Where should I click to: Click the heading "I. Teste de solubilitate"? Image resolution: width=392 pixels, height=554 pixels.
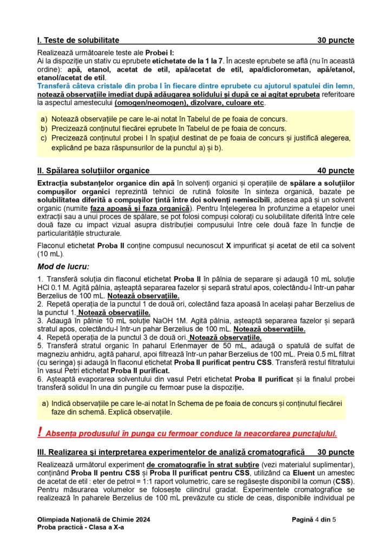click(x=79, y=40)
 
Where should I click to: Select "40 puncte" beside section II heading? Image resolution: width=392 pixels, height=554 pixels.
click(x=336, y=171)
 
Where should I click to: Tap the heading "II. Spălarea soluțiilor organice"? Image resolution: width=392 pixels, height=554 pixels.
click(x=93, y=171)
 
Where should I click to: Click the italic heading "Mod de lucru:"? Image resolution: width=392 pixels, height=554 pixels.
click(x=63, y=267)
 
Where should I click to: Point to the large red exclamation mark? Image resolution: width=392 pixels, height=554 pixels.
click(x=41, y=432)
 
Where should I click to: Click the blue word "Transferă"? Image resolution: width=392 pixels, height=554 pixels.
click(x=55, y=87)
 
